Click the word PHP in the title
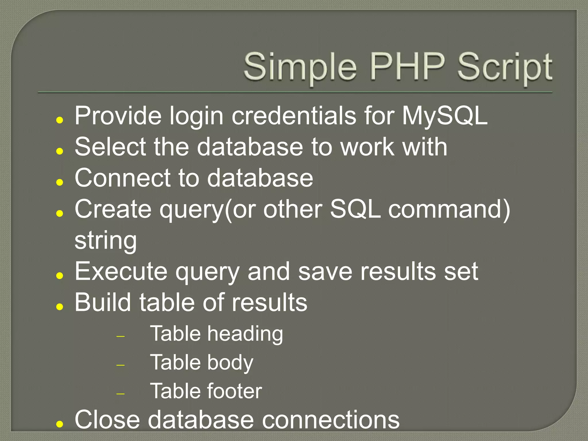[408, 67]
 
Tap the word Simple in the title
[300, 67]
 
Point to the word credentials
[294, 116]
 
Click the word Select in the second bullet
[110, 147]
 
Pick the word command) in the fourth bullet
[449, 209]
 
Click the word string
[106, 241]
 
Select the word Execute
[121, 272]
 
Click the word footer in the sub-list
[234, 391]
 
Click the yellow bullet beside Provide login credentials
[60, 120]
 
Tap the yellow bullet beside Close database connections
[60, 424]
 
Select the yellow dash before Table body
[121, 365]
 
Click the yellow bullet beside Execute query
[60, 276]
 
